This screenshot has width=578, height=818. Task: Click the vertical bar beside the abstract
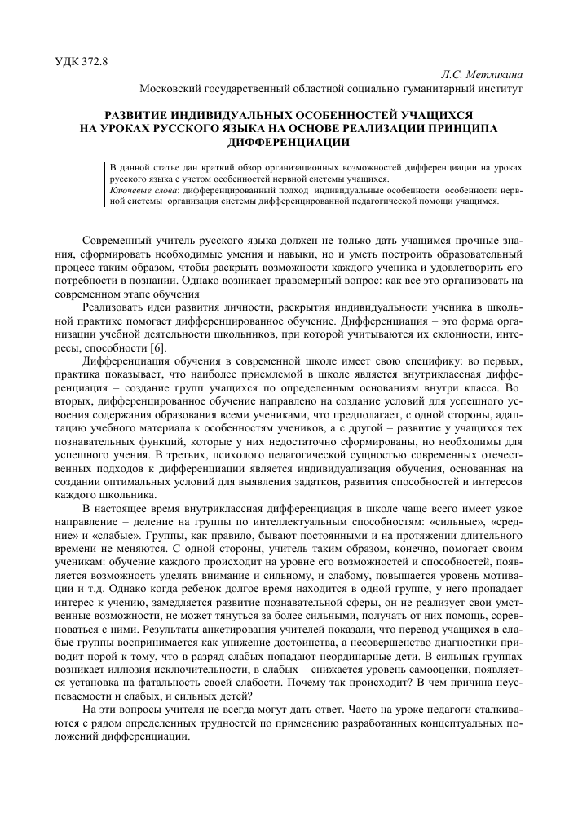click(106, 183)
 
